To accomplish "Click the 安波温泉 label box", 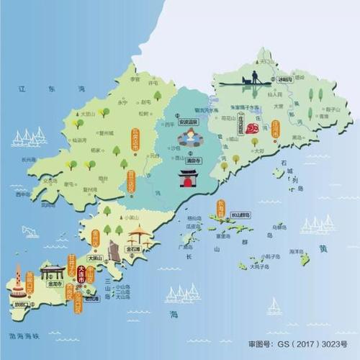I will tap(188, 121).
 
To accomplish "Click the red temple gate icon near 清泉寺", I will tap(189, 177).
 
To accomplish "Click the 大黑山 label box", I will tap(94, 256).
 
